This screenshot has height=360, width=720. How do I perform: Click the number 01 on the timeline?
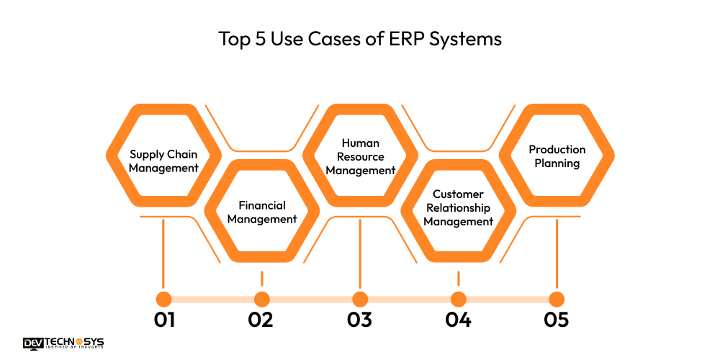point(164,320)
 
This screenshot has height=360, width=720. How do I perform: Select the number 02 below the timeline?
point(261,320)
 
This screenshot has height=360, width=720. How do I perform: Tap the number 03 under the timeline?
point(359,320)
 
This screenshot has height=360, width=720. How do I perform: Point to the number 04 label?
point(458,320)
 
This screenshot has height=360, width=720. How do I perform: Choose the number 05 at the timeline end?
point(556,320)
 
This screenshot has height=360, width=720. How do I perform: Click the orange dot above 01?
point(164,299)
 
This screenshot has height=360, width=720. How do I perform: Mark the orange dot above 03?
point(360,299)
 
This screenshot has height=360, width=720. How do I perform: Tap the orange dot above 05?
point(556,299)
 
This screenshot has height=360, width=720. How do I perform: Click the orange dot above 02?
point(262,299)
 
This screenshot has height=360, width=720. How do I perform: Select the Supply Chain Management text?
point(163,161)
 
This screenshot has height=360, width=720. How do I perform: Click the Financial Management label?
point(262,212)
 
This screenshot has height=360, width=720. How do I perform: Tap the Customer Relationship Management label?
point(459,208)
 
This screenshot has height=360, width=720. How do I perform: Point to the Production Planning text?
point(557,156)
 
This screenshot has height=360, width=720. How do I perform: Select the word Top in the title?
point(234,39)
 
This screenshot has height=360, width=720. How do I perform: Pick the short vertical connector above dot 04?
point(458,279)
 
